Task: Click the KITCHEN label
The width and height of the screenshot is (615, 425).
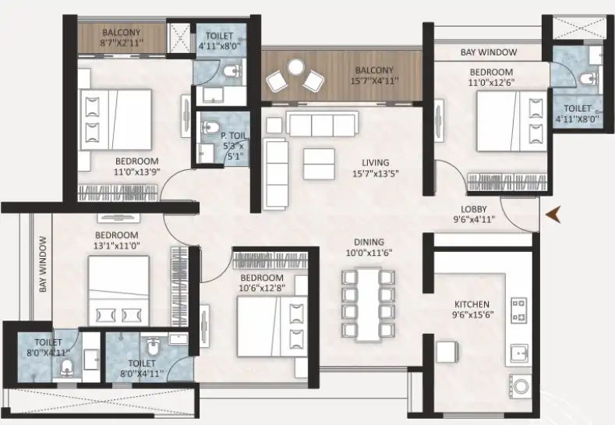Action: tap(472, 304)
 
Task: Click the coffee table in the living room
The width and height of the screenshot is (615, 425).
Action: tap(319, 165)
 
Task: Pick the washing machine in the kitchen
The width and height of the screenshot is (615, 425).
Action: tap(521, 384)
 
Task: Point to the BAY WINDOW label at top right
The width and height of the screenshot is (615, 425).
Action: tap(489, 53)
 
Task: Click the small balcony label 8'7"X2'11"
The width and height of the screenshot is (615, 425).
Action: tap(121, 43)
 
